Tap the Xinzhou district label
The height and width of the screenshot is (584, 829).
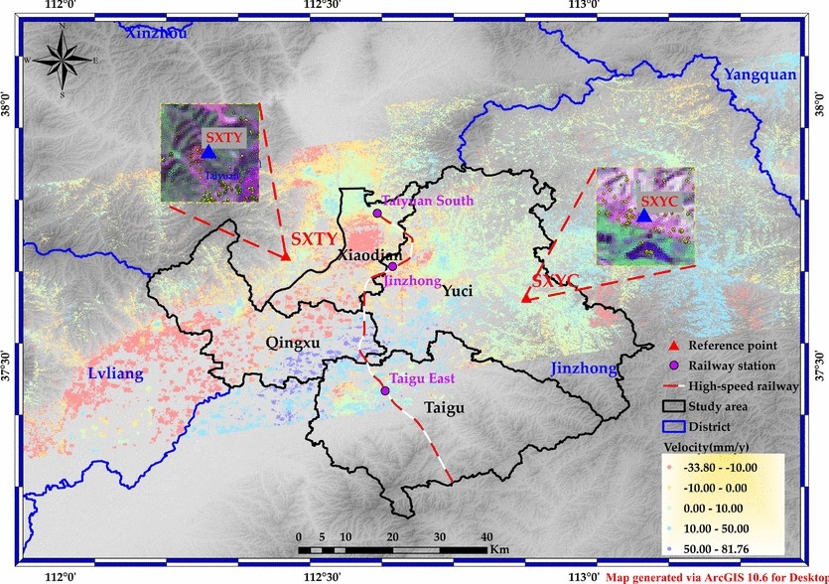point(157,33)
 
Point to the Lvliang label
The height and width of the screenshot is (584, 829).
point(109,373)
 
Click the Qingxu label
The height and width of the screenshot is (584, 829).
point(294,344)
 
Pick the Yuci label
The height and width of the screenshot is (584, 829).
point(457,291)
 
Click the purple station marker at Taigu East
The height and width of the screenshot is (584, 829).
point(384,390)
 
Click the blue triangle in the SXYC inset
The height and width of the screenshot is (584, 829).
point(643,216)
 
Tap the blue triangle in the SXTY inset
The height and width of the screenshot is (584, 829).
point(208,152)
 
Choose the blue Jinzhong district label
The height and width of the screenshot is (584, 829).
point(583,369)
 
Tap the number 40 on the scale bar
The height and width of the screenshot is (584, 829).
point(486,536)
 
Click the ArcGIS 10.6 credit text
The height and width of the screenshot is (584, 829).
point(717,576)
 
